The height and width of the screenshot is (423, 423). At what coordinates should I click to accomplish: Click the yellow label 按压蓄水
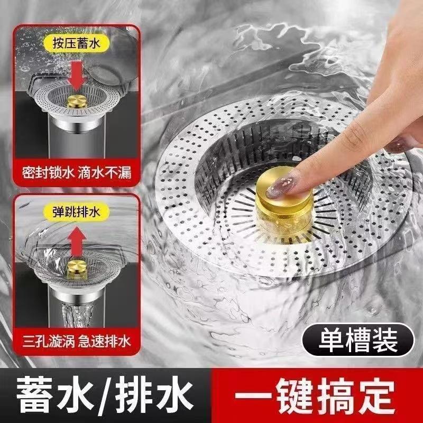77,43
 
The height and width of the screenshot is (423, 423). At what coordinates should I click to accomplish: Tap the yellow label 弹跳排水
77,212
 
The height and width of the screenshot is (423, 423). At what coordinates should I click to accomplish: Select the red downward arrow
77,75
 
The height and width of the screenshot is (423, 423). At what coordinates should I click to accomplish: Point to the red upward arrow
77,242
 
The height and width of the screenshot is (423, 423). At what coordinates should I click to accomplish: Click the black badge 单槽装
358,339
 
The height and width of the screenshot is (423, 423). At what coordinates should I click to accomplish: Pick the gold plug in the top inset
77,101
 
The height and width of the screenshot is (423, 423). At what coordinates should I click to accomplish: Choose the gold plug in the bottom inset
77,269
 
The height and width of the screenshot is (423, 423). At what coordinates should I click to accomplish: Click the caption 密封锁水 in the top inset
48,173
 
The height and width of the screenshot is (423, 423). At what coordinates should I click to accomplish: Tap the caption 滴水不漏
105,173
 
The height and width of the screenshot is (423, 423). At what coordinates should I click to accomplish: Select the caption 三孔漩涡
49,342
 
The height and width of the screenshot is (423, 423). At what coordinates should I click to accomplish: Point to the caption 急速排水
105,342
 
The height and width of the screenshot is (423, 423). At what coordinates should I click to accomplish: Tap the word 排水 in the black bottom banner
154,394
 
